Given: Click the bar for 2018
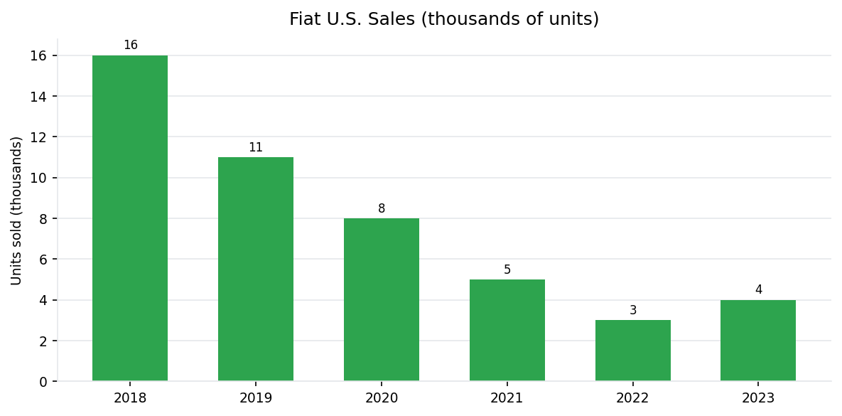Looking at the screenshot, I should (130, 218).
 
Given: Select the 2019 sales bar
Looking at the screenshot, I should (256, 269).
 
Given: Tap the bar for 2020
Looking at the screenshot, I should (382, 299).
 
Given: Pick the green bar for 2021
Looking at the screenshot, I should (507, 330).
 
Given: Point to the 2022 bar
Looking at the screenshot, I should (632, 351).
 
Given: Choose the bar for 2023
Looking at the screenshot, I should (758, 340).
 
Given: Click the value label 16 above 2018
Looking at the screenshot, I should (131, 46).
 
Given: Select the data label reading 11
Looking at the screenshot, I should (256, 148).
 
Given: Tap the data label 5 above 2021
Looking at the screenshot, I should (507, 270).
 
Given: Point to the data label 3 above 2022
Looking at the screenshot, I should (633, 311).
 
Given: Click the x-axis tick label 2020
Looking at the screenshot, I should (382, 398).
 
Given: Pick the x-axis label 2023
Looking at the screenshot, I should (758, 398).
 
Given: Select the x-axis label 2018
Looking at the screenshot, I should (130, 398).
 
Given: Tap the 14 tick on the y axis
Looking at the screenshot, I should (39, 96).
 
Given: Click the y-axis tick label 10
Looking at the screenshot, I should (39, 178).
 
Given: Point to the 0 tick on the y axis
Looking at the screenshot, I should (43, 382).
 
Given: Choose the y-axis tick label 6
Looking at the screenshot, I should (43, 260).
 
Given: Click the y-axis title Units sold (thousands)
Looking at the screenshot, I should (17, 210).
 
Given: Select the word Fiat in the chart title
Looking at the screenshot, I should (303, 19).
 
